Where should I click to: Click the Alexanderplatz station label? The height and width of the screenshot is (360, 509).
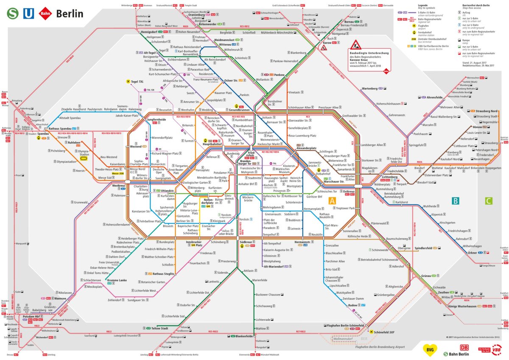click(307, 148)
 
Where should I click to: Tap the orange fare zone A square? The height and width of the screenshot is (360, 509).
click(332, 201)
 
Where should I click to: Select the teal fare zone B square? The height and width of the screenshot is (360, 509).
click(455, 201)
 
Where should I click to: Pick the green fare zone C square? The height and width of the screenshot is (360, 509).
click(489, 201)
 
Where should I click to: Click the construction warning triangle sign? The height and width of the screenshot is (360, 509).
click(355, 44)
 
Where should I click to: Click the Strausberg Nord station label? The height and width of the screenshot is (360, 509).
click(488, 111)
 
